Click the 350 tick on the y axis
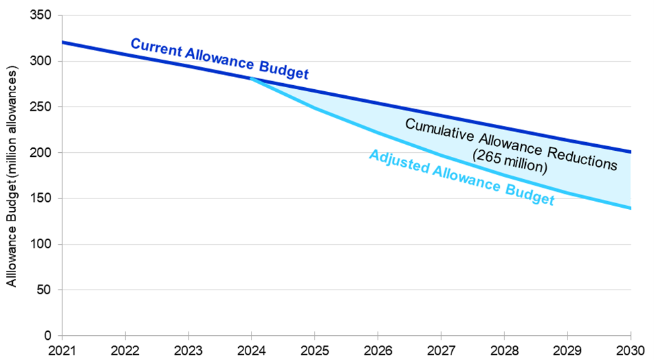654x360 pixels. click(44, 15)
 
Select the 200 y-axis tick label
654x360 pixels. click(44, 153)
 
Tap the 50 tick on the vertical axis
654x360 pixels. click(47, 290)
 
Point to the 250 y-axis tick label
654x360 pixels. click(44, 107)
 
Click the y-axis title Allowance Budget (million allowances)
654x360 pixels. click(12, 176)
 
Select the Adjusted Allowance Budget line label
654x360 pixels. click(461, 178)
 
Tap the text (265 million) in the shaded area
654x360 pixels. click(509, 163)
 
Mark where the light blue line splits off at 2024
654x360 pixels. click(252, 78)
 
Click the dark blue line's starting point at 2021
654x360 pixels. click(62, 42)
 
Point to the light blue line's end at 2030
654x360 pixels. click(630, 208)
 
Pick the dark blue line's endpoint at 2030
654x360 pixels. click(630, 152)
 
